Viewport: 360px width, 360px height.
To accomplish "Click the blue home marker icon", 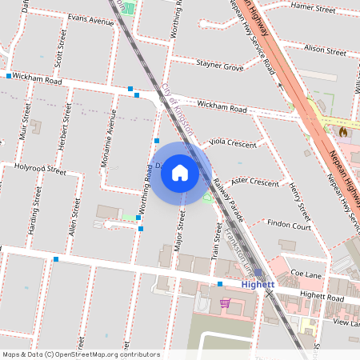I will (180, 172).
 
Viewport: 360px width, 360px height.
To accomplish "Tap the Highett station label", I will (258, 284).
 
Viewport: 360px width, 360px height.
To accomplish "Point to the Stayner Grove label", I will (220, 66).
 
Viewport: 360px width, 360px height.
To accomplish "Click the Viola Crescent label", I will (232, 142).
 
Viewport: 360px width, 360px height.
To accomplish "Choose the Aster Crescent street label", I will (254, 182).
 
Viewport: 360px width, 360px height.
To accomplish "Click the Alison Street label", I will (325, 50).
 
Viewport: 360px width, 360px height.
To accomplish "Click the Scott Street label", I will (57, 54).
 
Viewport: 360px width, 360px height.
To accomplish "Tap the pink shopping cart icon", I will (225, 303).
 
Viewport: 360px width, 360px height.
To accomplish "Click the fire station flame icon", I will (343, 130).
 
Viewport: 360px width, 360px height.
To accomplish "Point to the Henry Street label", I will (299, 201).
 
